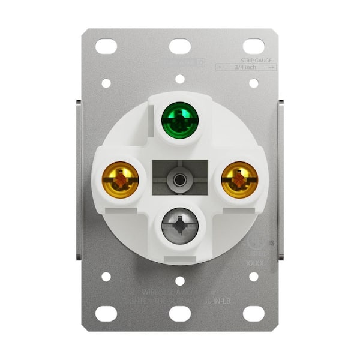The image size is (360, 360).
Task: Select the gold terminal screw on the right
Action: [x=239, y=178]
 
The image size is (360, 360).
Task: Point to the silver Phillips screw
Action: [x=179, y=227]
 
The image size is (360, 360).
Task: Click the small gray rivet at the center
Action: [x=179, y=178]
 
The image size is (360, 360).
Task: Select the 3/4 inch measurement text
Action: [x=247, y=67]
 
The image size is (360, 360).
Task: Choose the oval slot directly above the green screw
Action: [x=179, y=45]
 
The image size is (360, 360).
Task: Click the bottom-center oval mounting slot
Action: [x=179, y=313]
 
